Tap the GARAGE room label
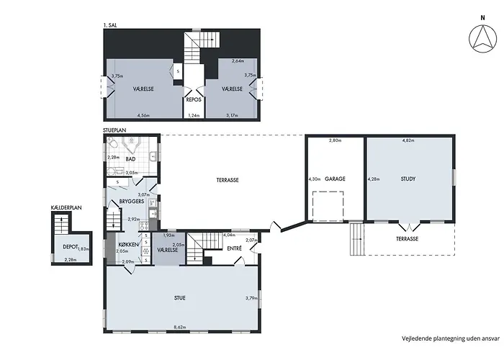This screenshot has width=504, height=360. [335, 179]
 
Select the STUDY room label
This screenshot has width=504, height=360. [408, 179]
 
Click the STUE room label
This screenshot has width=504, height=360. [180, 298]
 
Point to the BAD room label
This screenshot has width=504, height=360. [130, 159]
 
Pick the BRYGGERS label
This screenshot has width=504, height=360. [132, 202]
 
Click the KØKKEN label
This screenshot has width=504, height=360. [128, 245]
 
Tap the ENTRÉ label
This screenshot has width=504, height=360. [234, 248]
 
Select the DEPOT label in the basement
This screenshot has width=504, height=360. [71, 247]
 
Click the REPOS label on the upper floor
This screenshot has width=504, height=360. [194, 99]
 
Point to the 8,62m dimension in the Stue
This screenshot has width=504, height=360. [180, 327]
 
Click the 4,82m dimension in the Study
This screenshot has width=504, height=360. [408, 140]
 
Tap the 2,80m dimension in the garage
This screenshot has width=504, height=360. [335, 140]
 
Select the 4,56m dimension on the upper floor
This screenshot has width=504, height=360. [143, 115]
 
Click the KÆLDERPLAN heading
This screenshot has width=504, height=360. [66, 207]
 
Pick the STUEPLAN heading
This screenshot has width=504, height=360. [114, 130]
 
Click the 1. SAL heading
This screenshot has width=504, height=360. [110, 24]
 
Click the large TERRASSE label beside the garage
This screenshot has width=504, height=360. [228, 180]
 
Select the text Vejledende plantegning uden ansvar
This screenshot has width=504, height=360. [451, 338]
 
